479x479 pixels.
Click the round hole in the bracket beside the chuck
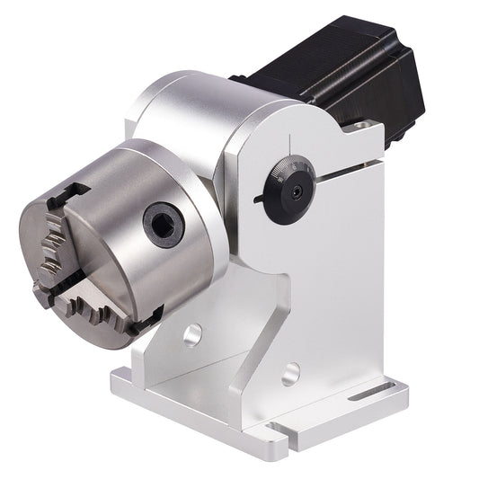[192, 337]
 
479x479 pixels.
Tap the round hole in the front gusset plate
[289, 371]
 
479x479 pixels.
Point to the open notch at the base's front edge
[279, 436]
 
